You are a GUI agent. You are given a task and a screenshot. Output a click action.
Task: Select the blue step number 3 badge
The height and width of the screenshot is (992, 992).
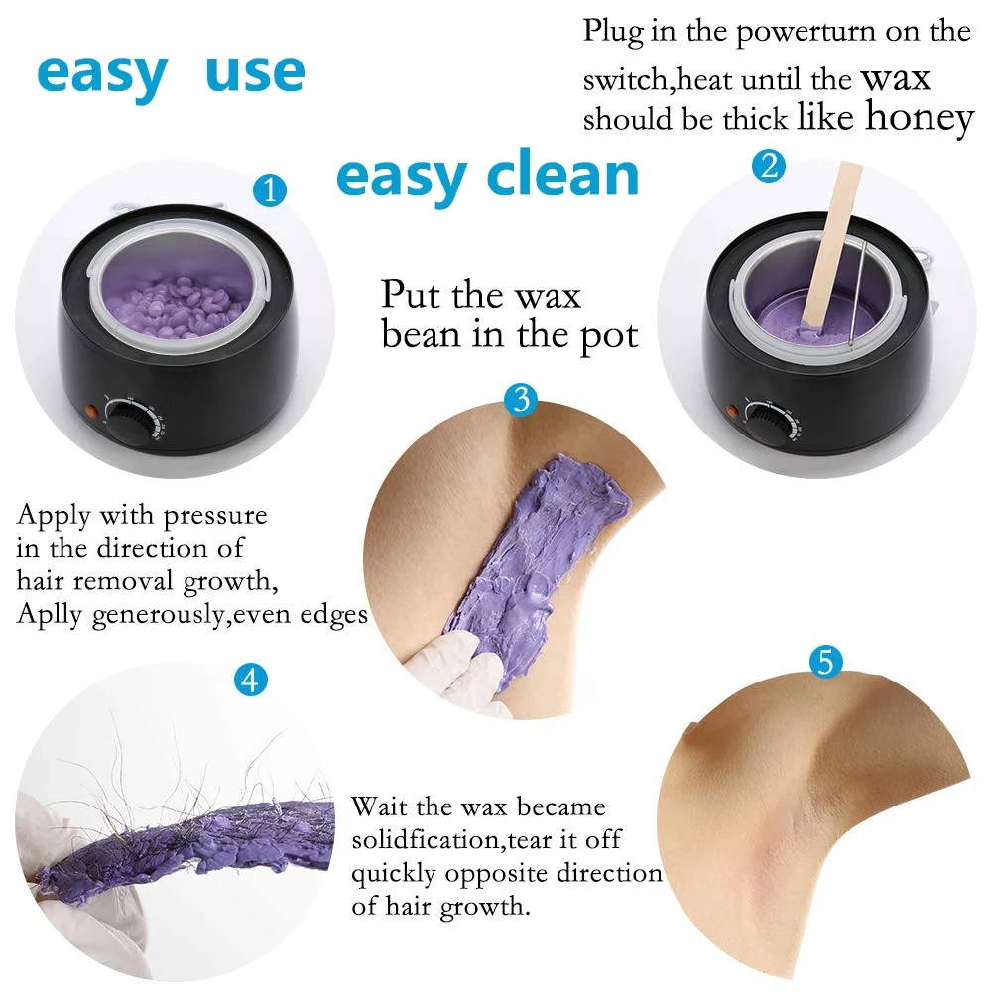(521, 400)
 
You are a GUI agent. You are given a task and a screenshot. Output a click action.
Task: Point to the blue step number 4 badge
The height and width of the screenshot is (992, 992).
(251, 680)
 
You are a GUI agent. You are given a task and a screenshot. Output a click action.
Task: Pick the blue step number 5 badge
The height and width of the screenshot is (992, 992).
(824, 662)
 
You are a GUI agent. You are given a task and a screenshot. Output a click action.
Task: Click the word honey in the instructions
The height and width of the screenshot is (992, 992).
(919, 117)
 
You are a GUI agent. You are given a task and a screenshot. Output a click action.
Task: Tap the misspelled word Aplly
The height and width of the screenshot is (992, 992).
(50, 615)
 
